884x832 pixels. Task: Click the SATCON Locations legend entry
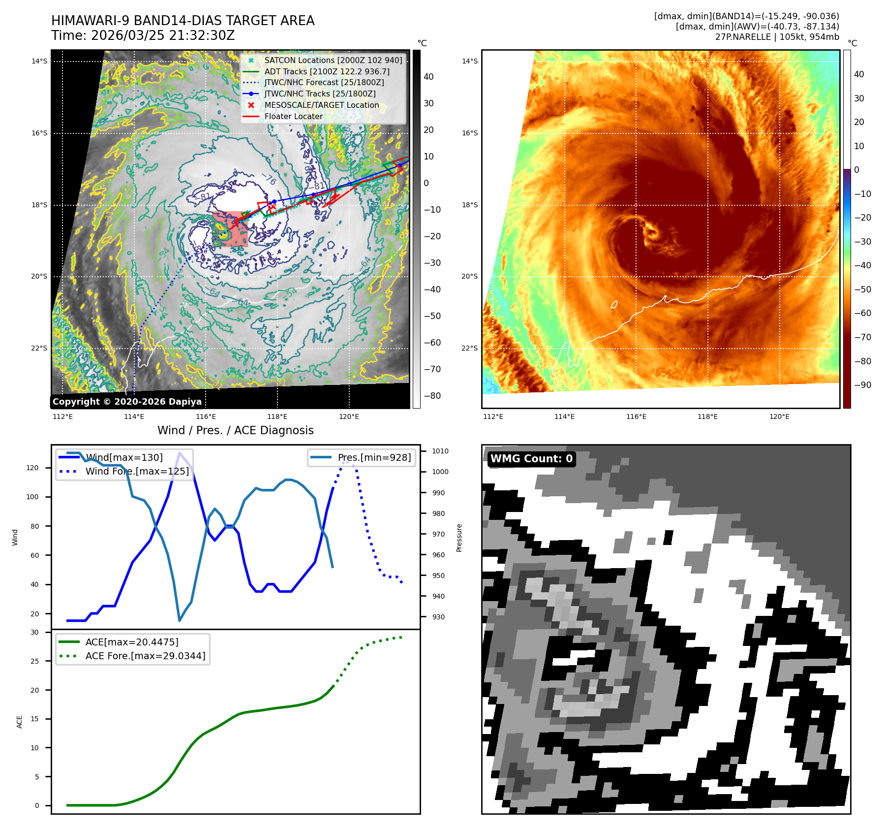point(333,60)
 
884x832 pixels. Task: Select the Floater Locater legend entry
point(293,116)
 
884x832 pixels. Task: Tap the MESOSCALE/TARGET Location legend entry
point(321,105)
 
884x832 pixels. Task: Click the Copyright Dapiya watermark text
point(127,402)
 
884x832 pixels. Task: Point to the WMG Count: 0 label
point(531,459)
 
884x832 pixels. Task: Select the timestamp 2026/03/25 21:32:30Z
point(163,36)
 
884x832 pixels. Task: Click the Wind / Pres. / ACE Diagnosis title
point(235,430)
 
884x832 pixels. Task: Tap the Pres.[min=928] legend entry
point(374,457)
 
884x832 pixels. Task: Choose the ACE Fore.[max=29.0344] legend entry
point(145,656)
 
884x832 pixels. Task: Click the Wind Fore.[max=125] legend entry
point(137,471)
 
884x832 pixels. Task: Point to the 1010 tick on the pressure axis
point(440,451)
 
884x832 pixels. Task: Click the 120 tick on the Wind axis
point(32,468)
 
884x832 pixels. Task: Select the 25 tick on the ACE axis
point(34,661)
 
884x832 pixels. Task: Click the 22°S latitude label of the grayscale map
point(39,348)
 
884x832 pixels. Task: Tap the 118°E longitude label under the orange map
point(707,416)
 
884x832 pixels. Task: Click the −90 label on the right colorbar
point(862,385)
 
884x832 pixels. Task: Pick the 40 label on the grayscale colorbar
point(428,77)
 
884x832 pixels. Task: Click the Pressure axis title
point(459,538)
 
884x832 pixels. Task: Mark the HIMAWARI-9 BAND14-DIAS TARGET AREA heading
point(183,21)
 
